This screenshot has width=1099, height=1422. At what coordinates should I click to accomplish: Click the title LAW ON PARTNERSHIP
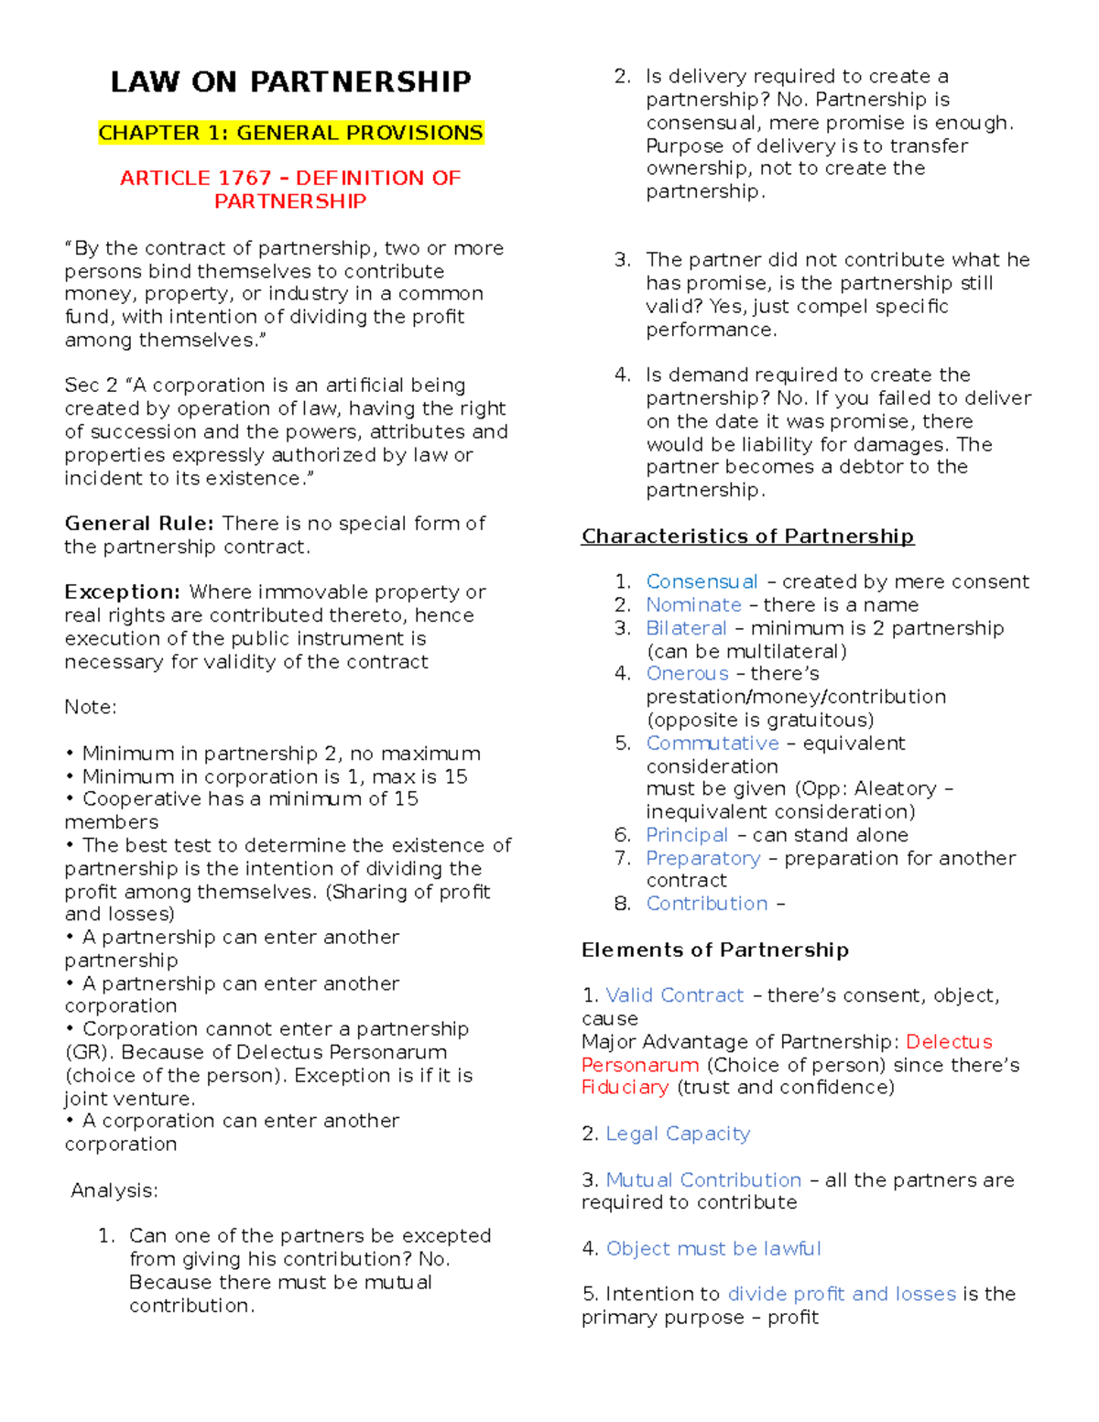coord(290,82)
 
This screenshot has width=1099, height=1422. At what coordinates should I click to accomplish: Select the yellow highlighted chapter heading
coord(290,133)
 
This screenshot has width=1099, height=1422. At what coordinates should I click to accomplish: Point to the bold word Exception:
coord(123,592)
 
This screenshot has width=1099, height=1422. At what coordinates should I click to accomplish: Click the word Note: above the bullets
coord(90,707)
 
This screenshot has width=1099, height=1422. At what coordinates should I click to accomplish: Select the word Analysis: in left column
coord(114,1190)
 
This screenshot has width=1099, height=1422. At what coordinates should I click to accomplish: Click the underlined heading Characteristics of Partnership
coord(747,537)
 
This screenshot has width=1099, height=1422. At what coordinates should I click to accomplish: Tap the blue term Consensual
coord(702,582)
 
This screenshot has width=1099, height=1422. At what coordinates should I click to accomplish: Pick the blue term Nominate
coord(693,605)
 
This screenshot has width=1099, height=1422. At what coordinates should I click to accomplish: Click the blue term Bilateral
coord(686,628)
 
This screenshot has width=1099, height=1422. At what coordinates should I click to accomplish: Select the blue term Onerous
coord(687,674)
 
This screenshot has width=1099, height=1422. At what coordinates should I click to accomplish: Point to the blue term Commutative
coord(713,744)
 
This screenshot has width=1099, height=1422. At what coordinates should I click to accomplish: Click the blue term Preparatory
coord(702,858)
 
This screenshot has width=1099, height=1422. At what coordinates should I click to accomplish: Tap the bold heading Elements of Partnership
coord(714,950)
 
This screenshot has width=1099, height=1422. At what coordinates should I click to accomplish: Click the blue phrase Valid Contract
coord(675,995)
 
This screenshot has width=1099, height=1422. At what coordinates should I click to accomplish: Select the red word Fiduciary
coord(625,1087)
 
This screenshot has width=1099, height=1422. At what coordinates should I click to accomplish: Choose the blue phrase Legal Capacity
coord(678,1134)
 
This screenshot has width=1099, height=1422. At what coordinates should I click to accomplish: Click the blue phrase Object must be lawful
coord(713,1249)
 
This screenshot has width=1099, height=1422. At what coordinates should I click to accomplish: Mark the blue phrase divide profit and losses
coord(842,1294)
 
